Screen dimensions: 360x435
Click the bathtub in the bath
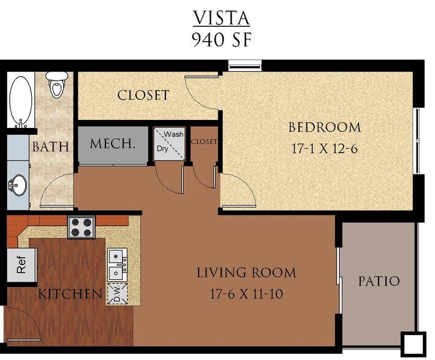pyautogui.click(x=21, y=101)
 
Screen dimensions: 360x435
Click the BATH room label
pyautogui.click(x=50, y=147)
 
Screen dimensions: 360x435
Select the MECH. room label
pyautogui.click(x=112, y=144)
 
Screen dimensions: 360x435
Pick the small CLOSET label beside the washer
pyautogui.click(x=204, y=141)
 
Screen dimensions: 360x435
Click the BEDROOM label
pyautogui.click(x=325, y=127)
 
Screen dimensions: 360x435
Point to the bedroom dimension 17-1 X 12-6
pyautogui.click(x=325, y=148)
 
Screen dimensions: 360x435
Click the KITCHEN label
pyautogui.click(x=70, y=294)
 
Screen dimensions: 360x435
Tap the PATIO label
pyautogui.click(x=378, y=282)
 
